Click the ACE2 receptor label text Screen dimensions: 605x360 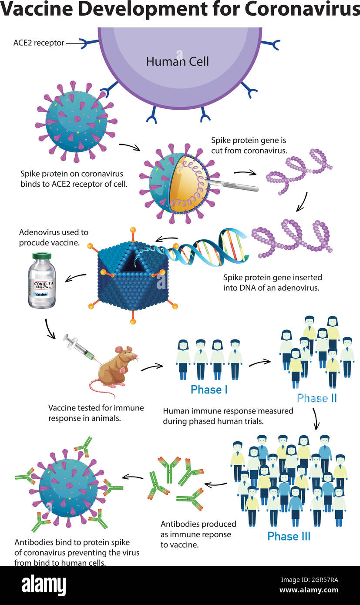coord(39,43)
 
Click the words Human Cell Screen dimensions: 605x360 coord(177,61)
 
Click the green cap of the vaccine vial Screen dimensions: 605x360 coord(42,256)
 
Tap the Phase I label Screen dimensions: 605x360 coord(209,390)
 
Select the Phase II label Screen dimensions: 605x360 coord(317,398)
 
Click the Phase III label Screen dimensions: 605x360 coord(289,536)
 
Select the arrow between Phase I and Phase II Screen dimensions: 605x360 coord(260,363)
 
